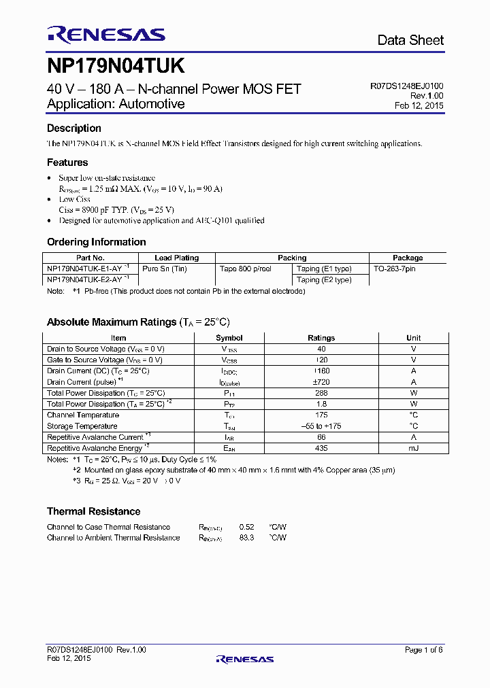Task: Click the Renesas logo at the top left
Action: (x=105, y=35)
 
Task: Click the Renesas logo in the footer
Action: (x=244, y=659)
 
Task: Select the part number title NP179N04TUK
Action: (x=115, y=66)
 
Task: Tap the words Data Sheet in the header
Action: (x=410, y=40)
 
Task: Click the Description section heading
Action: (x=73, y=128)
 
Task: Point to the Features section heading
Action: (x=67, y=162)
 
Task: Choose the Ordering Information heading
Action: (x=96, y=242)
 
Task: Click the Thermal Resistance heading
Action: (x=93, y=511)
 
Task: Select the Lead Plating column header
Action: (x=177, y=258)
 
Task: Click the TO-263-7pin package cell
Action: (x=395, y=269)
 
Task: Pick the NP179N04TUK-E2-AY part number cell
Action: (x=85, y=279)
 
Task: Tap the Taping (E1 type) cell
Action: (x=324, y=269)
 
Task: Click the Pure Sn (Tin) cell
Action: (x=164, y=269)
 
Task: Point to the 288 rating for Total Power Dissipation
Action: (x=321, y=393)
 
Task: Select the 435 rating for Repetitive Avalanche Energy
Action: (x=321, y=448)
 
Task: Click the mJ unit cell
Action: (x=413, y=448)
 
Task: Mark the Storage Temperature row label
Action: (x=83, y=426)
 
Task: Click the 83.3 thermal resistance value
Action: (x=246, y=538)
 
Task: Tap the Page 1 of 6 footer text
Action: (x=423, y=650)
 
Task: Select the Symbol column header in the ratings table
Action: (x=229, y=338)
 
